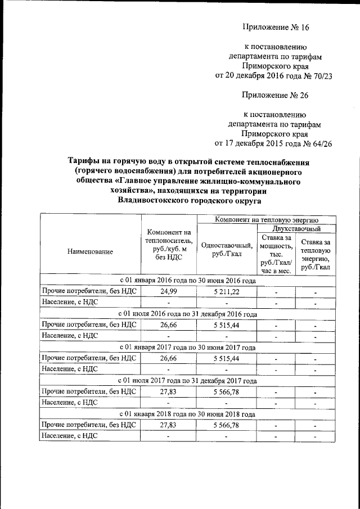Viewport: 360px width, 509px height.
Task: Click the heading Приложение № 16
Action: pos(276,27)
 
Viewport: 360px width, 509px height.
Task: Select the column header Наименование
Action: pos(89,252)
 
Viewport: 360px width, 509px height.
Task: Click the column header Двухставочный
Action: pos(296,229)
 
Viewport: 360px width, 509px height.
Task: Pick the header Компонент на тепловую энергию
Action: pos(267,219)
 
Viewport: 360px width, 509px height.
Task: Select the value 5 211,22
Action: pos(227,291)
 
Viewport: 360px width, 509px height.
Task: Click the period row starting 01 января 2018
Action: pos(188,414)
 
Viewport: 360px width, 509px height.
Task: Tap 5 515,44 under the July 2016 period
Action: pos(227,325)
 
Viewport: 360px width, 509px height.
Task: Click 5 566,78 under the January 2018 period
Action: pos(227,425)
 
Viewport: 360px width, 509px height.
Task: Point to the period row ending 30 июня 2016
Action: pos(188,280)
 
